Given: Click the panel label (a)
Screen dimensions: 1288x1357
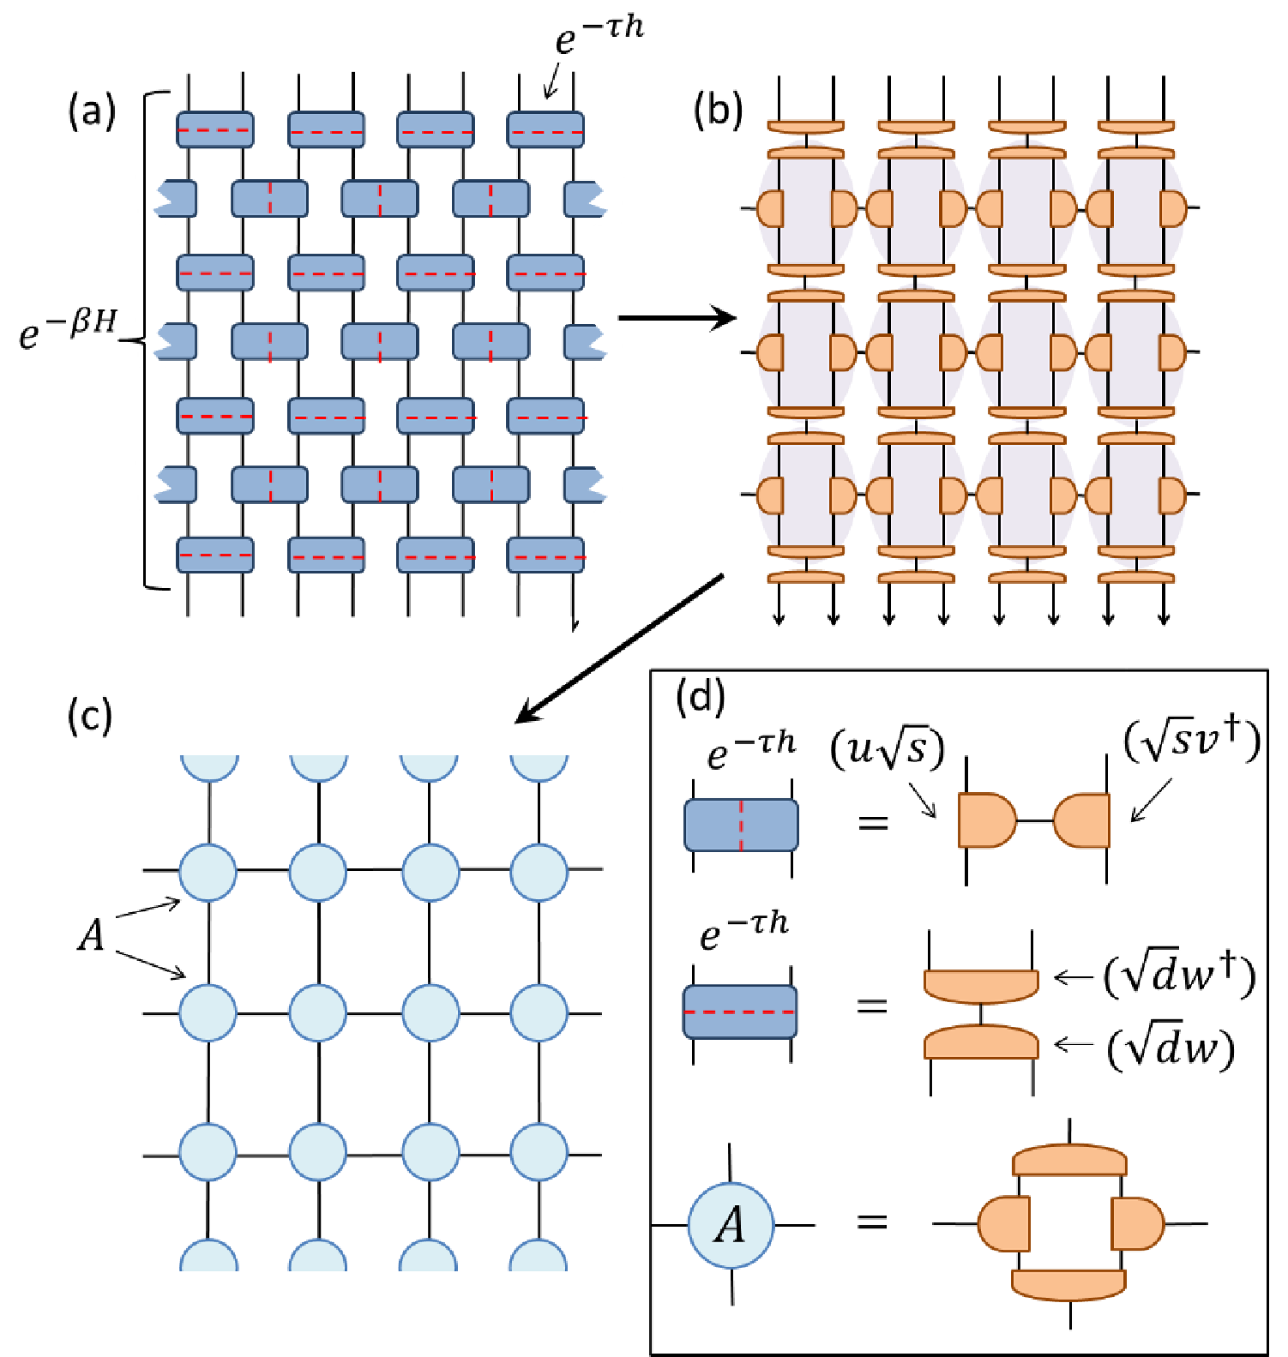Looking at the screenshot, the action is tap(92, 111).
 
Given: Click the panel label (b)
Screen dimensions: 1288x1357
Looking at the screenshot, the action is tap(718, 111).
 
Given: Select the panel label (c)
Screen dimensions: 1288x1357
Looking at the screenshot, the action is tap(90, 716).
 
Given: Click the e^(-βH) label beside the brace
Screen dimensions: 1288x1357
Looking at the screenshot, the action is tap(68, 329).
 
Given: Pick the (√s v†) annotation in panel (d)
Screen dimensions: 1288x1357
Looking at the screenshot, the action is tap(1193, 742).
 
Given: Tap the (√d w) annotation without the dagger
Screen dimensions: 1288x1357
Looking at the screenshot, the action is tap(1171, 1048).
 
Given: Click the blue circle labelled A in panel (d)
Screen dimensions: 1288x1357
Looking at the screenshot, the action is tap(731, 1225).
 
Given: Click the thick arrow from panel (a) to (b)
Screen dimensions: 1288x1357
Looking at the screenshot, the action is tap(677, 318).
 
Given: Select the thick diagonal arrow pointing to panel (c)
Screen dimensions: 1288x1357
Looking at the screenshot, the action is tap(619, 649).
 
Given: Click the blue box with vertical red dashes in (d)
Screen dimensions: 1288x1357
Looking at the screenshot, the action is tap(741, 825).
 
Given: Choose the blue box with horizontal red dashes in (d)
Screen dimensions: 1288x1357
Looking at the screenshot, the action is tap(740, 1012).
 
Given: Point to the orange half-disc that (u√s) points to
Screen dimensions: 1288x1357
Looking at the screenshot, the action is tap(987, 820).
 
